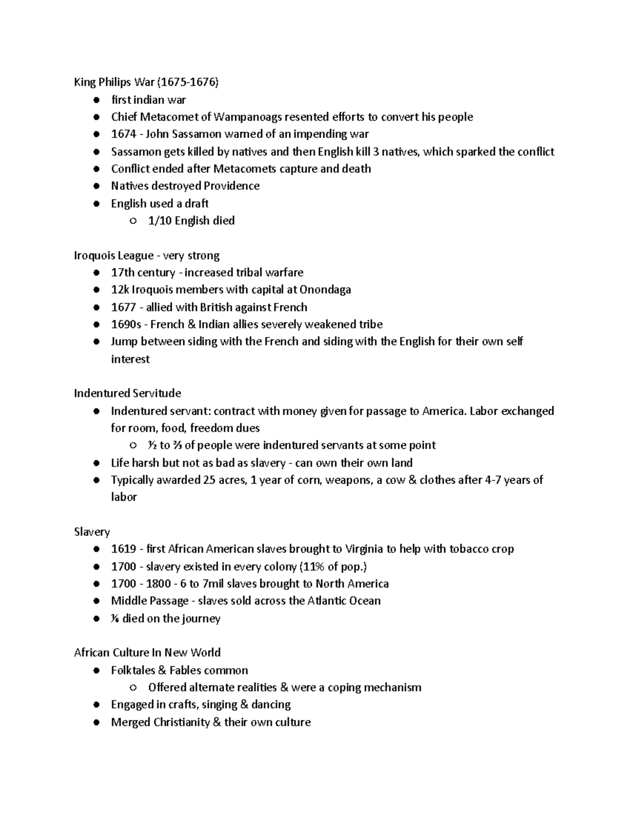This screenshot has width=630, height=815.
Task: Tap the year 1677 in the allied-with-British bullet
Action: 123,307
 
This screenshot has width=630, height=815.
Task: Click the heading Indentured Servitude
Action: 128,393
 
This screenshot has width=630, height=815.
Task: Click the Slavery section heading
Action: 92,532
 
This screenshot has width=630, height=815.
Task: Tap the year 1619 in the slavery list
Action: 123,549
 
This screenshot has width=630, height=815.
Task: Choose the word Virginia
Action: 364,549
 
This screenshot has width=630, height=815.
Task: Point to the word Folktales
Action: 133,670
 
